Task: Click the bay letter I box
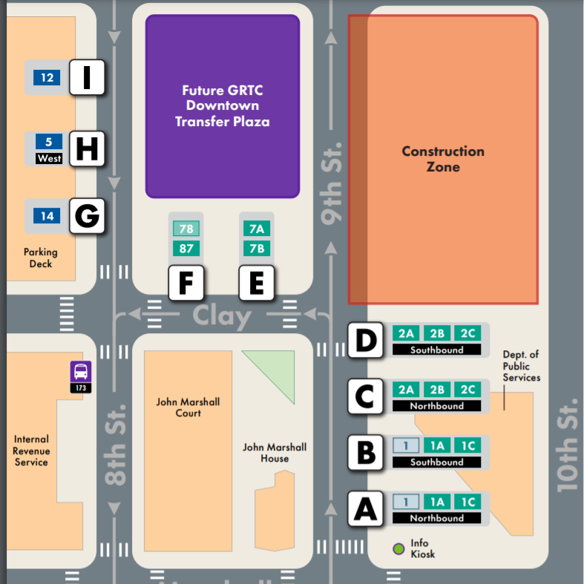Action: [x=87, y=77]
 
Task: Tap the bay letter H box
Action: [x=87, y=148]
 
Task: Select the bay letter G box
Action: [x=87, y=217]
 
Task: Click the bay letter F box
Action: [x=186, y=283]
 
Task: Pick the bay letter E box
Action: [x=257, y=283]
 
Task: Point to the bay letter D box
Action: [x=364, y=340]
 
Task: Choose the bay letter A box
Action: [x=364, y=509]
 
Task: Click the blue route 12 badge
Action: [x=47, y=77]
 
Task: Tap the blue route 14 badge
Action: [x=47, y=217]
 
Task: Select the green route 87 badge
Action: [x=186, y=248]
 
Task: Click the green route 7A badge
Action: [x=257, y=229]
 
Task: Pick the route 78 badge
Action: [x=186, y=229]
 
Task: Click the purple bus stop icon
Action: [x=81, y=371]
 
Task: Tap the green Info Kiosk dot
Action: [x=399, y=549]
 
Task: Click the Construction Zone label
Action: [x=443, y=159]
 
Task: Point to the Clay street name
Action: [x=222, y=316]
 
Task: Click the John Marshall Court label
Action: [x=188, y=407]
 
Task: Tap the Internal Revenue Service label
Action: [x=31, y=450]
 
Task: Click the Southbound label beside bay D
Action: [x=436, y=350]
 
